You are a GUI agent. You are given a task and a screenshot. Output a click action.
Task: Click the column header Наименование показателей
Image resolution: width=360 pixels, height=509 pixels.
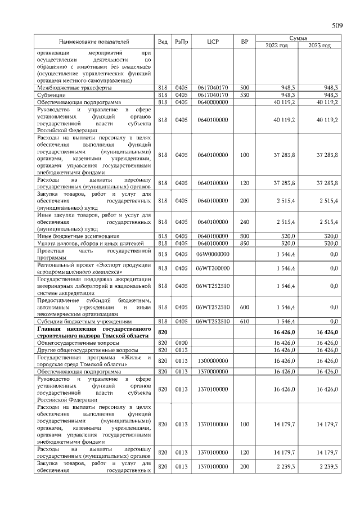pyautogui.click(x=94, y=42)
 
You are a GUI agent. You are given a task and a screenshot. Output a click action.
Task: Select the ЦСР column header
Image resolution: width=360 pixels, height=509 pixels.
pyautogui.click(x=213, y=42)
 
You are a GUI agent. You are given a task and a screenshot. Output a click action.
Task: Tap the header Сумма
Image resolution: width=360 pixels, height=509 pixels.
pyautogui.click(x=298, y=38)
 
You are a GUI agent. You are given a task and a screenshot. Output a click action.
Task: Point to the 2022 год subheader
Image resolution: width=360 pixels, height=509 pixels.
pyautogui.click(x=276, y=46)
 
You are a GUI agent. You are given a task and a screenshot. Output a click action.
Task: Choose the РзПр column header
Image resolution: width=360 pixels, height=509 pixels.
pyautogui.click(x=182, y=42)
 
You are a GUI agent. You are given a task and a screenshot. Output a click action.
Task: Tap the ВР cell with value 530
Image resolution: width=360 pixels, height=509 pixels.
pyautogui.click(x=244, y=95)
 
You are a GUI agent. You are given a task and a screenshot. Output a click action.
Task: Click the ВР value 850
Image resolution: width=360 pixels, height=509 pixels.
pyautogui.click(x=244, y=244)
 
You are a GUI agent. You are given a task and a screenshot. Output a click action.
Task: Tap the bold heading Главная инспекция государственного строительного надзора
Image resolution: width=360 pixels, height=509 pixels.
pyautogui.click(x=94, y=332)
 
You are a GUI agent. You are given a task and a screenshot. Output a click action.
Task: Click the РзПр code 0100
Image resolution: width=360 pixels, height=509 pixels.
pyautogui.click(x=182, y=343)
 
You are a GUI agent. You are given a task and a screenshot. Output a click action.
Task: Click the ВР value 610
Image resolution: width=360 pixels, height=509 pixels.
pyautogui.click(x=244, y=321)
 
